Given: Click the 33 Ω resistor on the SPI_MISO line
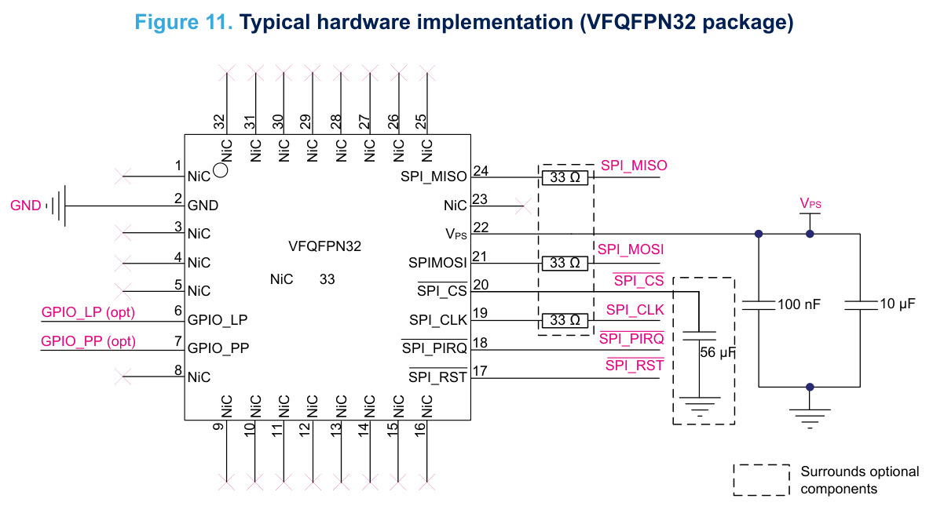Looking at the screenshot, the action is click(565, 177).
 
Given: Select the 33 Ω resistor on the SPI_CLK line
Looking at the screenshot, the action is click(565, 321).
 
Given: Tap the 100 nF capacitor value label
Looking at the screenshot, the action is click(799, 304).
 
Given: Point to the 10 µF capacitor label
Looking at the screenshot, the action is click(898, 304).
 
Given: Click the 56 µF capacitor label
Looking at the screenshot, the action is click(718, 352).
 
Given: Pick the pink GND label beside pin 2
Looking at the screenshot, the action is click(26, 206).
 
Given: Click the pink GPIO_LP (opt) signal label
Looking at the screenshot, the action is click(88, 312).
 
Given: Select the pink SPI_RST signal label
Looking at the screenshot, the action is click(635, 365).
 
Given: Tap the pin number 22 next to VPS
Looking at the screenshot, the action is click(480, 228).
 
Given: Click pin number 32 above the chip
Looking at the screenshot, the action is click(220, 122).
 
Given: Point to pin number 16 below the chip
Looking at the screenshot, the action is click(420, 428).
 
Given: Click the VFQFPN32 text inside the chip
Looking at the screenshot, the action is click(325, 246).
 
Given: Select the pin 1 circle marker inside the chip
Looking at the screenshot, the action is click(220, 171).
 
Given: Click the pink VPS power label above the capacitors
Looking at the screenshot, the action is click(810, 203).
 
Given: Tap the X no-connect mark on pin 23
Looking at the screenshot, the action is click(523, 206).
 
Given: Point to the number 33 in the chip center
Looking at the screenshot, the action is click(327, 279).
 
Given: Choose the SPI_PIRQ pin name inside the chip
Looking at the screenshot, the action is click(434, 348).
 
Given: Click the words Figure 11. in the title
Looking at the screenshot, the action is click(183, 22).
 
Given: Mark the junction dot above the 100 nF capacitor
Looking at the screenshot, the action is click(759, 234).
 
